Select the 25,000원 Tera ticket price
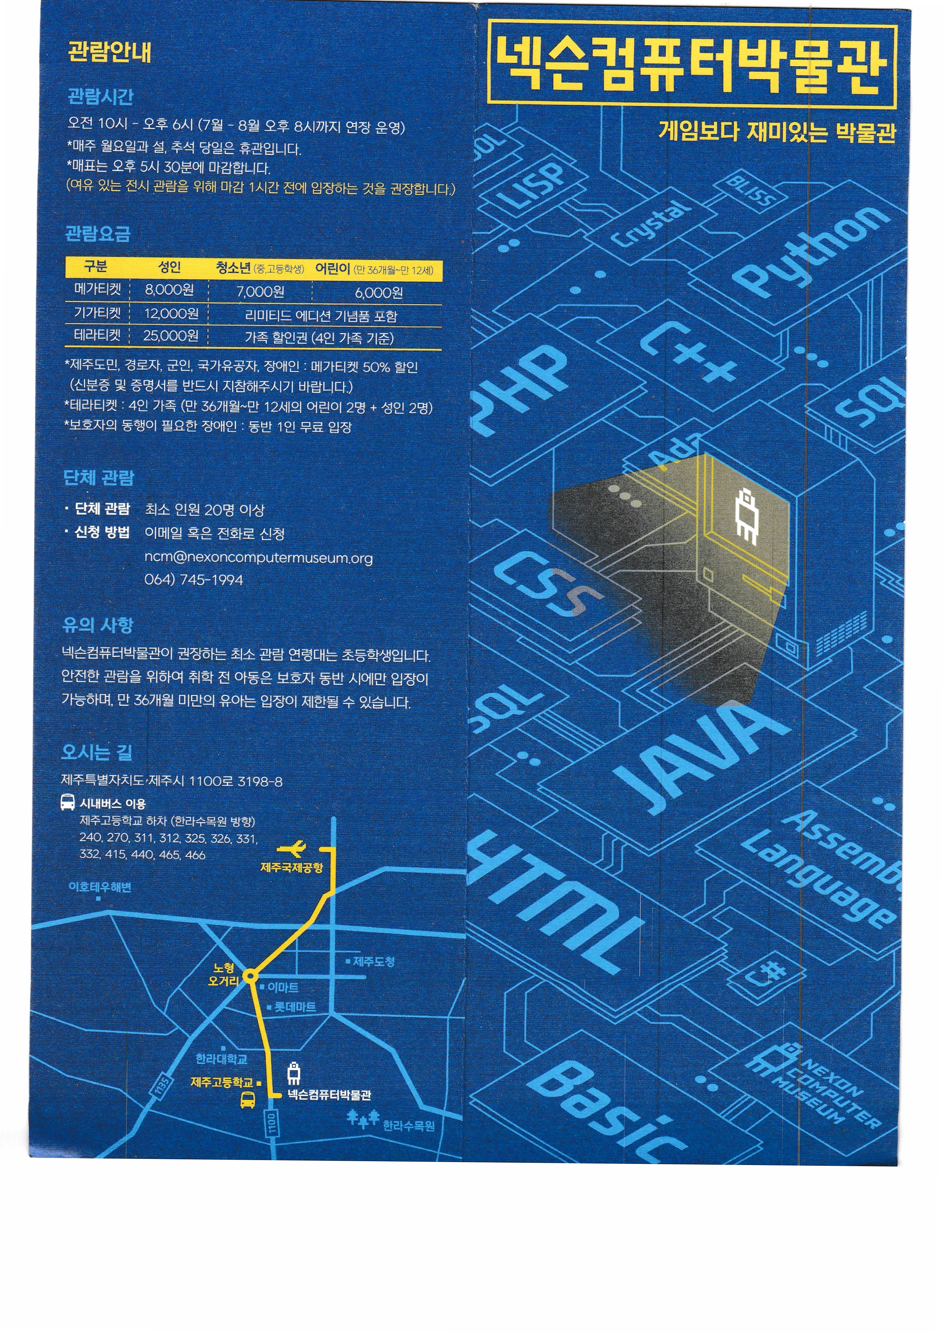[x=171, y=336]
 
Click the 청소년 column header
[x=233, y=268]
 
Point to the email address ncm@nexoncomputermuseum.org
[x=259, y=558]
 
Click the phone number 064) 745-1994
[x=194, y=580]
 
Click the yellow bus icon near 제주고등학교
[x=248, y=1099]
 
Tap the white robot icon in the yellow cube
[x=746, y=515]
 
